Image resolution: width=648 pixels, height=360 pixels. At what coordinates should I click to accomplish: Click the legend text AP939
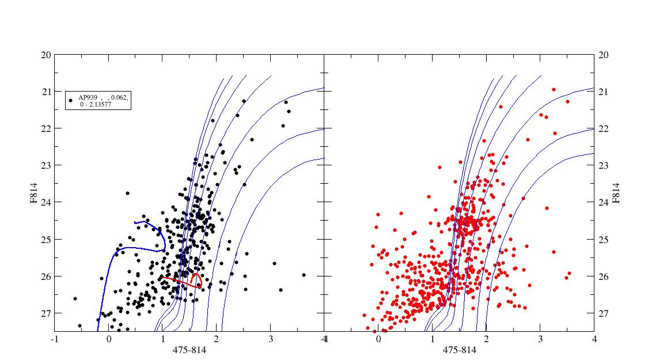click(x=88, y=97)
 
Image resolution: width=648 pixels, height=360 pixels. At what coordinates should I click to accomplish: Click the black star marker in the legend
click(x=71, y=100)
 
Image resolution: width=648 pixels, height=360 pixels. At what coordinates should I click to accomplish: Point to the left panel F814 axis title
click(x=33, y=193)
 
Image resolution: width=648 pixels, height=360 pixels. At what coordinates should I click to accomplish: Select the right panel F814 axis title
click(x=616, y=193)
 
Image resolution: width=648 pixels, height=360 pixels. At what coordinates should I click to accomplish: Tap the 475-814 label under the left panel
click(x=190, y=350)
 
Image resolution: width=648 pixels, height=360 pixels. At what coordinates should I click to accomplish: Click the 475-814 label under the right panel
click(x=460, y=350)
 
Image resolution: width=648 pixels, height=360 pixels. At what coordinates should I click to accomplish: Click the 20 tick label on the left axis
click(x=46, y=55)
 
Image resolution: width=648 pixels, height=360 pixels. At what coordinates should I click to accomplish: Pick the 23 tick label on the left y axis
click(x=46, y=165)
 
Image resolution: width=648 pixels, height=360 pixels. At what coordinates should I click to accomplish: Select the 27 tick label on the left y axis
click(x=46, y=313)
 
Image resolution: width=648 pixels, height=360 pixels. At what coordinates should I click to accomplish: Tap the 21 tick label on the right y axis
click(x=604, y=92)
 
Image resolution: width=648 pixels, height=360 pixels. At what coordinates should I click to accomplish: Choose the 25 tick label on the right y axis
click(x=604, y=239)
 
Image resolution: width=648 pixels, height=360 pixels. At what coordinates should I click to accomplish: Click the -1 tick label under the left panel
click(x=54, y=339)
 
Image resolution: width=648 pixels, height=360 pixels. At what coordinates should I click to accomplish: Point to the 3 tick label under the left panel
click(x=271, y=339)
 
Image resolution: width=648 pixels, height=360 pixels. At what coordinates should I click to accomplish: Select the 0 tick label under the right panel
click(x=378, y=339)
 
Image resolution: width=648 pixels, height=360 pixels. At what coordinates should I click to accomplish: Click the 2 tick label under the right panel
click(x=486, y=339)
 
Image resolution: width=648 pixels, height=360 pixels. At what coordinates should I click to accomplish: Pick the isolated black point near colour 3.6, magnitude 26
click(x=304, y=275)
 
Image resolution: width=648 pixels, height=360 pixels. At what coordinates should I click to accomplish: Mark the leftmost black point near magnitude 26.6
click(x=75, y=298)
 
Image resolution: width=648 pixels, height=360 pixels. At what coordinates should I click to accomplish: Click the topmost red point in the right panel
click(x=554, y=90)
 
